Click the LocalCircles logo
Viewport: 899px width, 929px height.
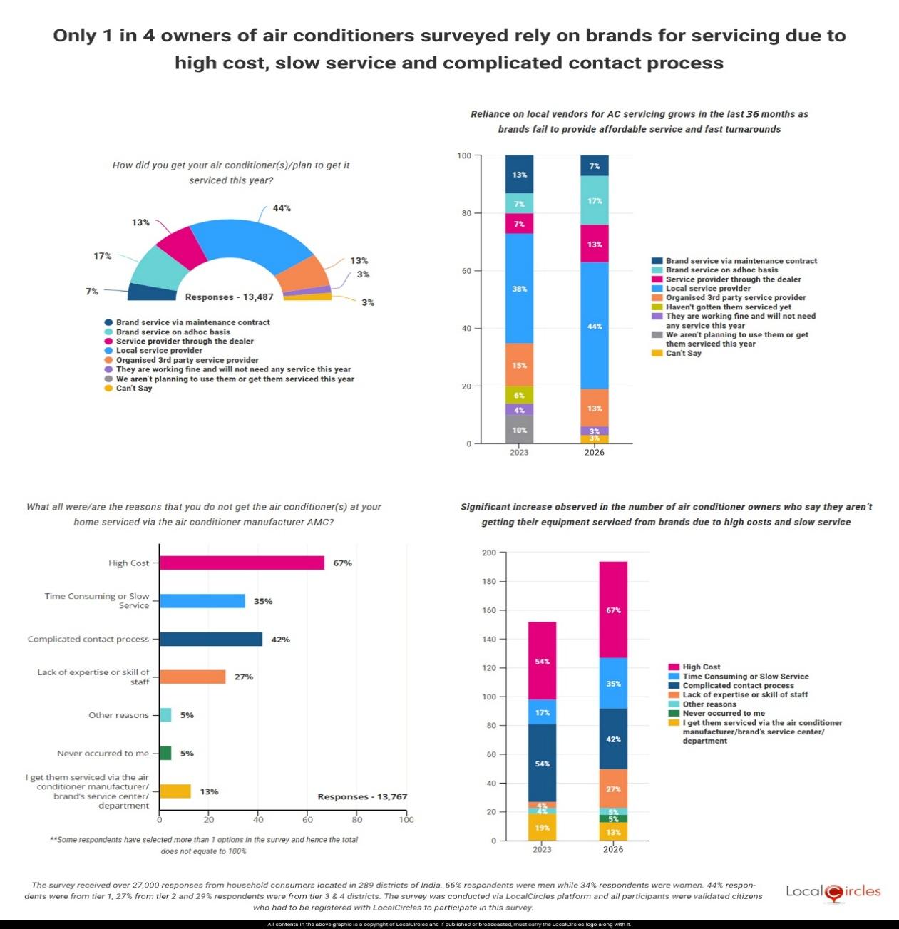[x=833, y=892]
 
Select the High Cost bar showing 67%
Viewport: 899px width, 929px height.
[x=242, y=563]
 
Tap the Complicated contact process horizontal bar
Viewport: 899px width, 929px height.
[x=210, y=639]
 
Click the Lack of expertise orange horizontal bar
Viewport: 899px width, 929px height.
[x=192, y=677]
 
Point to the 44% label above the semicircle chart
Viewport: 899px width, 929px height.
[x=282, y=208]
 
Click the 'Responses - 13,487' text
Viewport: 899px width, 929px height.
[x=229, y=297]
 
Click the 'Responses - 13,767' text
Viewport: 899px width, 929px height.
[x=362, y=796]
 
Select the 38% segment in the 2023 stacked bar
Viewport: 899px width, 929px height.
[x=519, y=289]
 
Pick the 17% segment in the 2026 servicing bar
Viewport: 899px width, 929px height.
[x=594, y=200]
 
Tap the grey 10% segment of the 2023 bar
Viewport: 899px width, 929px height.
[x=519, y=430]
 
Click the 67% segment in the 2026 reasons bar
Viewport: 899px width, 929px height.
[x=612, y=610]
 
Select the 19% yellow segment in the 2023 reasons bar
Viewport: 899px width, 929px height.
[x=541, y=827]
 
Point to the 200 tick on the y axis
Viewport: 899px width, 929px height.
[x=489, y=553]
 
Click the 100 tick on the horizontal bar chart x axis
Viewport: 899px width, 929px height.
[x=406, y=819]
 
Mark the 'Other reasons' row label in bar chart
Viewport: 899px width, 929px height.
[x=118, y=715]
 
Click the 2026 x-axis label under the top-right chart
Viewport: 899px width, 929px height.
[x=594, y=453]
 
